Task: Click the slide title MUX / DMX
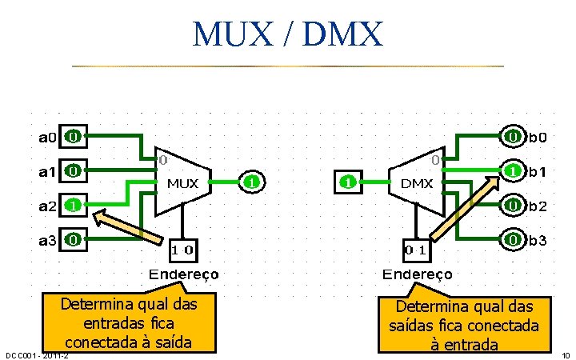[288, 34]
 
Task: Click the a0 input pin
[73, 137]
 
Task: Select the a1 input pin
[73, 170]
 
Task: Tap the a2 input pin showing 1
[73, 205]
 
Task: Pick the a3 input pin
[73, 238]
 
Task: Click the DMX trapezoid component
[417, 182]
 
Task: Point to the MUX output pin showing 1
[251, 182]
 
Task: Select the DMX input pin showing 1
[348, 182]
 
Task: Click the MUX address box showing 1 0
[183, 250]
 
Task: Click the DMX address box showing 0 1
[417, 250]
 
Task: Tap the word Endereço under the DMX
[417, 274]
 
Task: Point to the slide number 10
[565, 355]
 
